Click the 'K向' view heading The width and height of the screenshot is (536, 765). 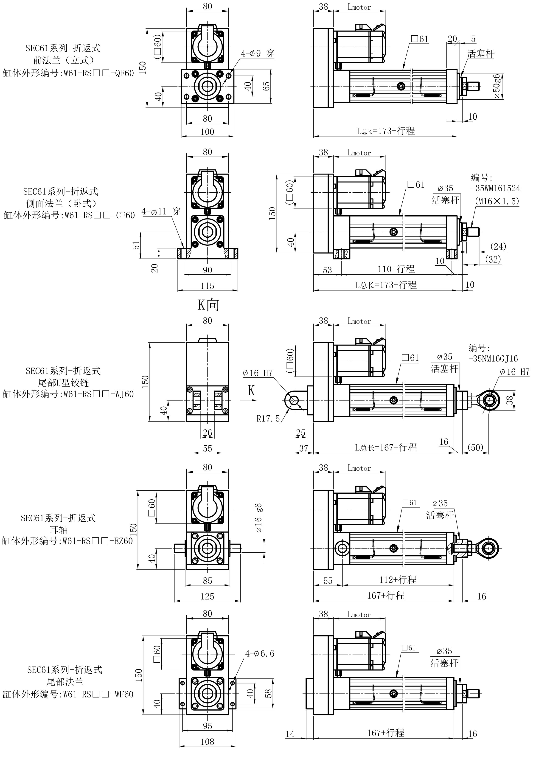(x=208, y=304)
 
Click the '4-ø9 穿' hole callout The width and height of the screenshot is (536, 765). (x=258, y=53)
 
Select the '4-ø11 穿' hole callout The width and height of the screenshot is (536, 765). (x=161, y=212)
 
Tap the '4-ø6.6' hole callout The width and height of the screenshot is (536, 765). (x=260, y=653)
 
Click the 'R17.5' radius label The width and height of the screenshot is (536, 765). (x=268, y=419)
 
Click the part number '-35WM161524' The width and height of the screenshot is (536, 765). (x=495, y=188)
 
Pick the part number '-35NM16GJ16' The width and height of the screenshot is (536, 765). (x=493, y=359)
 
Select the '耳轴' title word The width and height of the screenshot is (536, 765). (x=59, y=529)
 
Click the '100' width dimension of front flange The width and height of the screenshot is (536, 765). (x=207, y=132)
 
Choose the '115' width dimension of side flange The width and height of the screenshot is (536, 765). (x=207, y=286)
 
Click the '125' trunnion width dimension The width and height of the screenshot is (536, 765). (x=207, y=596)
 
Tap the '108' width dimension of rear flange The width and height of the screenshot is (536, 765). (x=207, y=742)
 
